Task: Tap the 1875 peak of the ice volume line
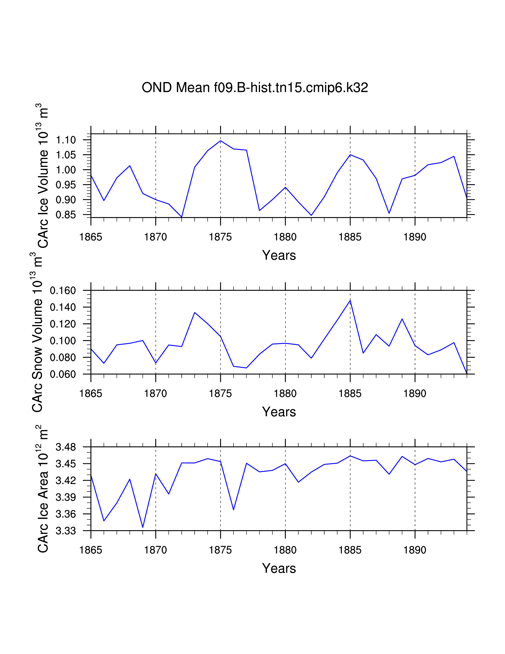(220, 141)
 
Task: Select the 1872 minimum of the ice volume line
(182, 217)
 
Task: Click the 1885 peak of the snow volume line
(350, 300)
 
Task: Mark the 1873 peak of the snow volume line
(194, 313)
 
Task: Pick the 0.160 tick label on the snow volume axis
(63, 291)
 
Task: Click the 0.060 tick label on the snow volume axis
(63, 374)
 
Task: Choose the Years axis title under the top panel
(279, 255)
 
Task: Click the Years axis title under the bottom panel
(279, 568)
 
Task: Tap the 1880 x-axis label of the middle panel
(285, 393)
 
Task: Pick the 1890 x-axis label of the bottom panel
(415, 550)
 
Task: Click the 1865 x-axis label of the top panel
(91, 237)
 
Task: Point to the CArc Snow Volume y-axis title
(37, 332)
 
